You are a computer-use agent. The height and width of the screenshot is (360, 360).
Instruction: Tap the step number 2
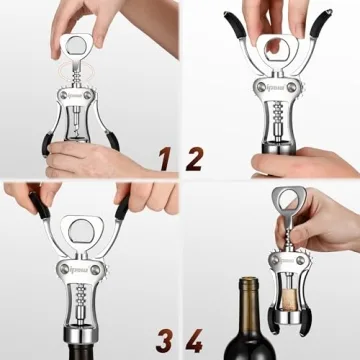tap(195, 156)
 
